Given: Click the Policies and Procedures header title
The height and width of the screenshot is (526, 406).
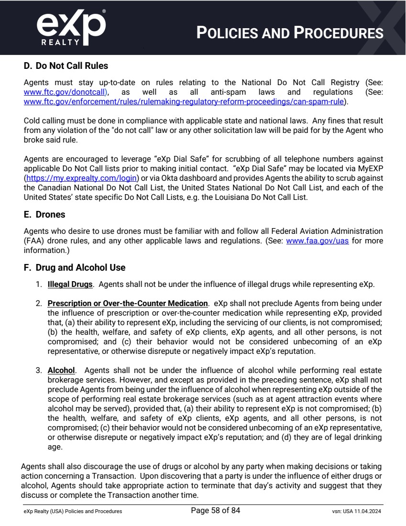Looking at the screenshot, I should coord(290,33).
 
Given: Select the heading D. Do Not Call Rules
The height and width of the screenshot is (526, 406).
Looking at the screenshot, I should coord(66,66).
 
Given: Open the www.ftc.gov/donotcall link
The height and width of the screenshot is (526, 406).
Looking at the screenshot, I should coord(64,92).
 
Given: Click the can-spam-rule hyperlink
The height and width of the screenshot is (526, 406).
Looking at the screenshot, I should coord(186,101).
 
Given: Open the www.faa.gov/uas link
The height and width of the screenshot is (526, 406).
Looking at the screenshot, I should coord(317,241).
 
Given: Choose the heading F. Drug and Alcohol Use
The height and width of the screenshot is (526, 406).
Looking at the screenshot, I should coord(75,268).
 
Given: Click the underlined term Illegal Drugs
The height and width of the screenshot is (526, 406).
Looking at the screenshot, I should coord(70,285).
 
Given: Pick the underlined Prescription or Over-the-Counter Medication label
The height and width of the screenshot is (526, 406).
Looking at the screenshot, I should coord(128,303).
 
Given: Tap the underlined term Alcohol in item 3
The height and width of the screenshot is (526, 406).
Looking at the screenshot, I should coord(61,370).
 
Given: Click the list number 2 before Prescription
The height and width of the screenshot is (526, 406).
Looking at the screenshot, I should coord(38,303).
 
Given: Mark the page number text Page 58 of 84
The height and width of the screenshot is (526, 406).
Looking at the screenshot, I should coord(215,511).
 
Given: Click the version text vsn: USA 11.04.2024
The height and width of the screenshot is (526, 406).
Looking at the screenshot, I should coord(357,512).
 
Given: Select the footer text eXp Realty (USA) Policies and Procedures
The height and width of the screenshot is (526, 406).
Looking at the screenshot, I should coord(73,512).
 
